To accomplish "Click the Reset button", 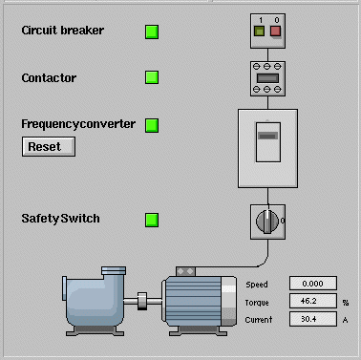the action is click(49, 147).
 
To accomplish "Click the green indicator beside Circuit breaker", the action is click(152, 32).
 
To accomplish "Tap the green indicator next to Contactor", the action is click(152, 77).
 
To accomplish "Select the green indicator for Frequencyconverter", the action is click(152, 125).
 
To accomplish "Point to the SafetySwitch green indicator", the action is click(152, 220).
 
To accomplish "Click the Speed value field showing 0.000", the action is click(313, 284).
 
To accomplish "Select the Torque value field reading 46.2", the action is click(313, 301).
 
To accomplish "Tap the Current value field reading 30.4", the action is click(313, 319).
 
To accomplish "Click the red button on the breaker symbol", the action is click(275, 32).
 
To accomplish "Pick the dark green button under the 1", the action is click(259, 32).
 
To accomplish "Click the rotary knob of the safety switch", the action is click(267, 222).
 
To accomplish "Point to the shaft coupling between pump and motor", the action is click(142, 301).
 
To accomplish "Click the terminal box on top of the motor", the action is click(185, 271).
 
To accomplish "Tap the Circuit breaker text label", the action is click(63, 31).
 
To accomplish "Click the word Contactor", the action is click(49, 78).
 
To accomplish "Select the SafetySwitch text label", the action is click(60, 219).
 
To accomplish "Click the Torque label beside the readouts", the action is click(257, 303).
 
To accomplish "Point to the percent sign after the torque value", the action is click(346, 303).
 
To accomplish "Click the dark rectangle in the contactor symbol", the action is click(267, 78).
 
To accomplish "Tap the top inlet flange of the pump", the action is click(114, 271).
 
